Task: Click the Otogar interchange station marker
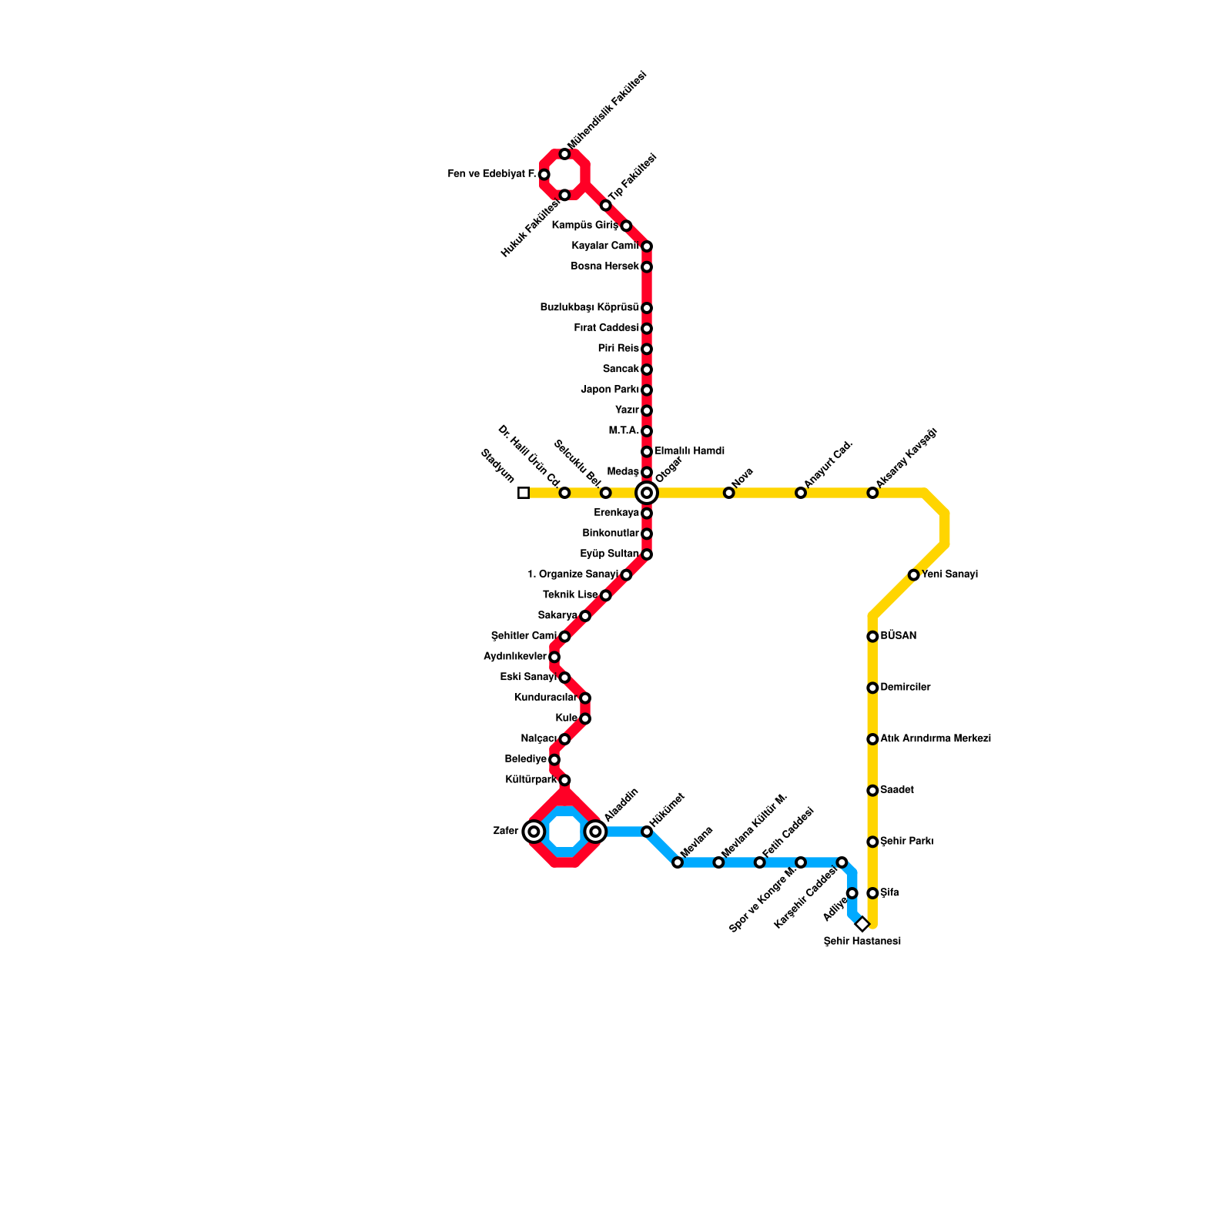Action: [x=647, y=493]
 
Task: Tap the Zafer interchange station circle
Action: [x=534, y=832]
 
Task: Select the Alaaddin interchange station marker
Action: [x=595, y=832]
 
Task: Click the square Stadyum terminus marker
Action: [x=524, y=493]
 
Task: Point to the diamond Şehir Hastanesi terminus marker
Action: [x=862, y=924]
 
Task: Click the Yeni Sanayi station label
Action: [x=949, y=574]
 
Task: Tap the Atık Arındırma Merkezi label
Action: [x=935, y=739]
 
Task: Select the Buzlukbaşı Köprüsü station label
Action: [x=589, y=308]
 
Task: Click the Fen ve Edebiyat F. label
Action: [x=492, y=175]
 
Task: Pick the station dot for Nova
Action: [x=729, y=493]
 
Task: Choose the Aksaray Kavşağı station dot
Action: [x=872, y=493]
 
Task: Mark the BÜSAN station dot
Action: [x=872, y=637]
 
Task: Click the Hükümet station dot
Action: [x=647, y=832]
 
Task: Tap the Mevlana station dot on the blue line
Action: [x=678, y=862]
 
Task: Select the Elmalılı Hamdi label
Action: [x=689, y=451]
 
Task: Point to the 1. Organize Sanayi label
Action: [x=573, y=574]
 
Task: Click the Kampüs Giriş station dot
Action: [x=626, y=226]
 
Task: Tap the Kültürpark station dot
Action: [x=564, y=781]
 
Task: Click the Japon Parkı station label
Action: [x=609, y=390]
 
